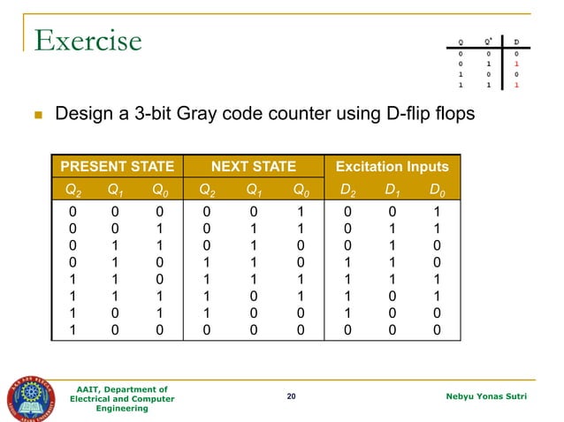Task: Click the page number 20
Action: click(x=292, y=398)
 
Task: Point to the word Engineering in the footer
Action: click(x=122, y=410)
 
